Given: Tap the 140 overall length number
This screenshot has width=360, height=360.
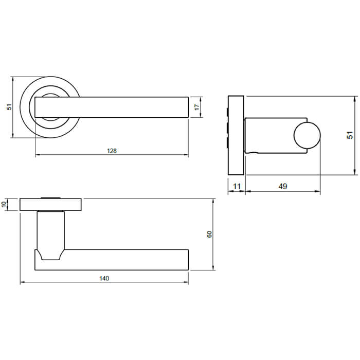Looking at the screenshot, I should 104,279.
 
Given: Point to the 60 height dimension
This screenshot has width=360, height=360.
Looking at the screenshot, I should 209,234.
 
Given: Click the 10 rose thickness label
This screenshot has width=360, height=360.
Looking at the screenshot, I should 5,204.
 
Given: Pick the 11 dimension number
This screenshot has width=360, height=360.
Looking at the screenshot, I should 237,186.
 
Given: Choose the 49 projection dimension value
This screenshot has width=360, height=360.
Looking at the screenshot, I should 282,186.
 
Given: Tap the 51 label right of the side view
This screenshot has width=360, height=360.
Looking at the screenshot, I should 350,135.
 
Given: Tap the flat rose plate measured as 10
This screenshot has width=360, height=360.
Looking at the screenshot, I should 50,204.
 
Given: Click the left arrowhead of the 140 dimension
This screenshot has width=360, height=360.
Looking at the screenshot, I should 22,283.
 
